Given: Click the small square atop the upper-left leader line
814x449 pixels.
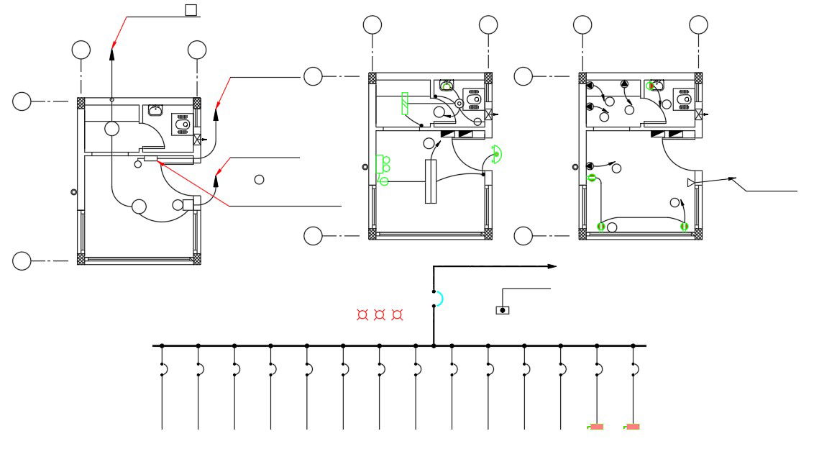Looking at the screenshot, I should [191, 9].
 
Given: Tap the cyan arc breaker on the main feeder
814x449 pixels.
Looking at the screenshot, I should [439, 299].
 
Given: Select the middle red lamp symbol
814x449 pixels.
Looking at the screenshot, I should [380, 314].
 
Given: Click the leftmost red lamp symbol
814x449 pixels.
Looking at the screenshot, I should [362, 314].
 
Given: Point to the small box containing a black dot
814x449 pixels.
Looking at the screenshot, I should [503, 310].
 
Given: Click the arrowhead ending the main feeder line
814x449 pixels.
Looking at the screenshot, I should [552, 266].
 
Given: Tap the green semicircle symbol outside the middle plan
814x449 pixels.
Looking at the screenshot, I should [495, 153].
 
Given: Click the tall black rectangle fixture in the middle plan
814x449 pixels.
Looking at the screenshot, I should [431, 181].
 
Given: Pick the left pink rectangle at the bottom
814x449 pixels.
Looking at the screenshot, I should [596, 427].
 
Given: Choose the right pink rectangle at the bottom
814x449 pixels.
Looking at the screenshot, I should [633, 427].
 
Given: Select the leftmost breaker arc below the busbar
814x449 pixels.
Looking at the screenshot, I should [165, 369].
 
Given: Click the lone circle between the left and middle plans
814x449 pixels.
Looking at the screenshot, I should [260, 179].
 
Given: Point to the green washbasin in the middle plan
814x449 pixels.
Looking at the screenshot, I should [447, 86].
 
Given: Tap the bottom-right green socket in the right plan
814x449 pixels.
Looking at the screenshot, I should [685, 227].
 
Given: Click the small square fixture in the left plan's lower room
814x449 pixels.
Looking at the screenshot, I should [188, 204].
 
